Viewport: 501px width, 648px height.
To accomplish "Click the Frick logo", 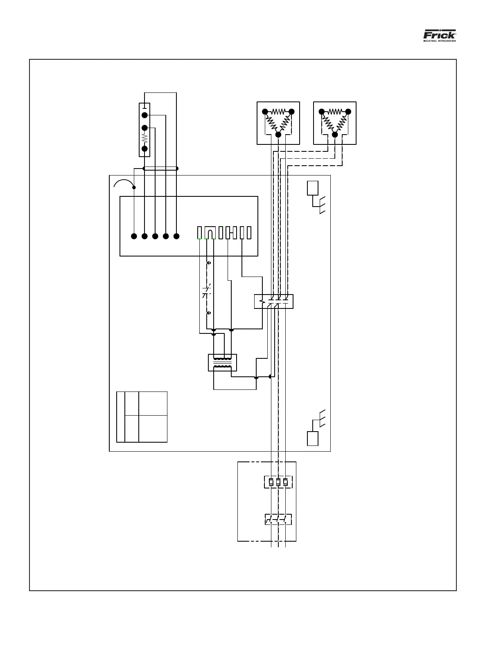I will pyautogui.click(x=439, y=35).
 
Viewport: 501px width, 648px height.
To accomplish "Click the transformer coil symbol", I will pyautogui.click(x=222, y=362).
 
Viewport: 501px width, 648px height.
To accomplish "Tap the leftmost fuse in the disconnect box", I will pyautogui.click(x=271, y=482).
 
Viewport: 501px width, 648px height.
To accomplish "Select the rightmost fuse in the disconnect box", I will pyautogui.click(x=285, y=482).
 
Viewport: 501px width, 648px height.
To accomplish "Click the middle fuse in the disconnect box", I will pyautogui.click(x=278, y=482).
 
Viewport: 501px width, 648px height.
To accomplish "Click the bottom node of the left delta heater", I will pyautogui.click(x=278, y=135).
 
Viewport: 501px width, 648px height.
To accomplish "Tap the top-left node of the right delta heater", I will pyautogui.click(x=322, y=111).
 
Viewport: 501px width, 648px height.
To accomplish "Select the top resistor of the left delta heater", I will pyautogui.click(x=278, y=111).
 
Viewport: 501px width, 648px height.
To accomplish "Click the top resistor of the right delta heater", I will pyautogui.click(x=335, y=111).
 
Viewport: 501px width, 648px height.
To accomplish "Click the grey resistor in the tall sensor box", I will pyautogui.click(x=144, y=138).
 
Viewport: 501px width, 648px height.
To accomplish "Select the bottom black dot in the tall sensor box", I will pyautogui.click(x=144, y=148).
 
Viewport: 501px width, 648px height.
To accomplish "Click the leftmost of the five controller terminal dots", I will pyautogui.click(x=134, y=236).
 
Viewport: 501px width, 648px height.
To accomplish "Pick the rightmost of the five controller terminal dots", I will pyautogui.click(x=177, y=236).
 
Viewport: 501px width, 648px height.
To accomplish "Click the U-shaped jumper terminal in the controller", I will pyautogui.click(x=210, y=233).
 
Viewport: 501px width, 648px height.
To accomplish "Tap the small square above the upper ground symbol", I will pyautogui.click(x=313, y=188).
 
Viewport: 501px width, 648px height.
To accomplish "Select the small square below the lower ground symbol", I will pyautogui.click(x=313, y=439).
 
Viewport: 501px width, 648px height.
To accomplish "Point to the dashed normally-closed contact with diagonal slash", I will pyautogui.click(x=207, y=291).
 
